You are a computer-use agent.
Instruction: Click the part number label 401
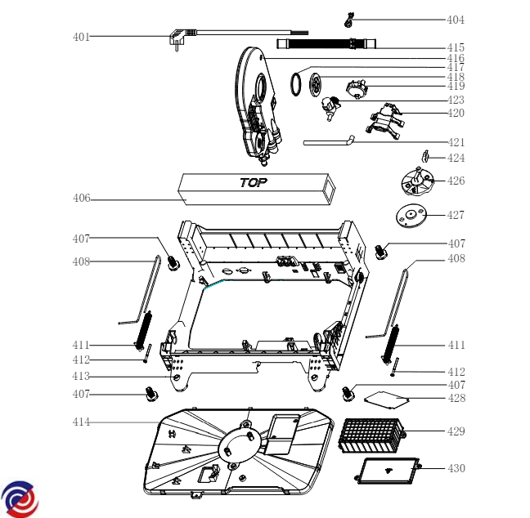pos(81,37)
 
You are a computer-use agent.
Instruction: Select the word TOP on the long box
pos(254,183)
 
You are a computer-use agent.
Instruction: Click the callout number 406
pos(81,199)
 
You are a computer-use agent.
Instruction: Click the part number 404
pos(455,20)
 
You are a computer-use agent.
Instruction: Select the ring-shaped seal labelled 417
pos(296,83)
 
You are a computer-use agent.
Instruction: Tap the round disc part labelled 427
pos(411,217)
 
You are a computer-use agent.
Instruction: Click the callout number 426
pos(456,181)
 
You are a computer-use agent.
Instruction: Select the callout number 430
pos(456,468)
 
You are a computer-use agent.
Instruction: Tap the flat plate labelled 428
pos(384,400)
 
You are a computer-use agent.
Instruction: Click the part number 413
pos(81,377)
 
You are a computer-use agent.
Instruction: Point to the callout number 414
pos(81,422)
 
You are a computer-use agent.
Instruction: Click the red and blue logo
pos(20,498)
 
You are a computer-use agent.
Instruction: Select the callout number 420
pos(456,113)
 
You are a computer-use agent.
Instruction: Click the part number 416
pos(456,59)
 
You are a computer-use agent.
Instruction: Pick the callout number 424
pos(456,159)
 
